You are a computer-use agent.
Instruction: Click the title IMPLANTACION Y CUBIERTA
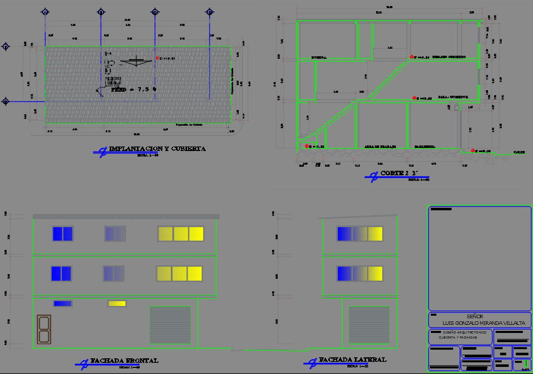[157, 149]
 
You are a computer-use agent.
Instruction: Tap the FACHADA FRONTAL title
[124, 361]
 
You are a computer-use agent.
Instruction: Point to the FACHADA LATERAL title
[352, 360]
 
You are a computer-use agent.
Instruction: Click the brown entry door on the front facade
[44, 329]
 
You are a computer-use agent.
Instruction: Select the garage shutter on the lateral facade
[369, 325]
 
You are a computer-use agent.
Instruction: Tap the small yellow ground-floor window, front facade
[117, 304]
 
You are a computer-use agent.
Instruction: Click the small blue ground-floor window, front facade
[63, 304]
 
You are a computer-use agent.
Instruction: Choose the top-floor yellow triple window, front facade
[181, 234]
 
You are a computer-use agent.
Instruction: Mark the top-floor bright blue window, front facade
[63, 234]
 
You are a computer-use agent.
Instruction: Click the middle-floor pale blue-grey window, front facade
[113, 274]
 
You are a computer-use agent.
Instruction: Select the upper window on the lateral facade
[360, 234]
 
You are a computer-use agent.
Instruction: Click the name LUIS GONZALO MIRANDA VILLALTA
[483, 323]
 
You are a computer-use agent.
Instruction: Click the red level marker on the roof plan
[157, 58]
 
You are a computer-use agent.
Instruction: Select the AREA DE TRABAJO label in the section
[380, 147]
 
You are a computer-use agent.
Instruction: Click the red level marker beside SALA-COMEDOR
[414, 97]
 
